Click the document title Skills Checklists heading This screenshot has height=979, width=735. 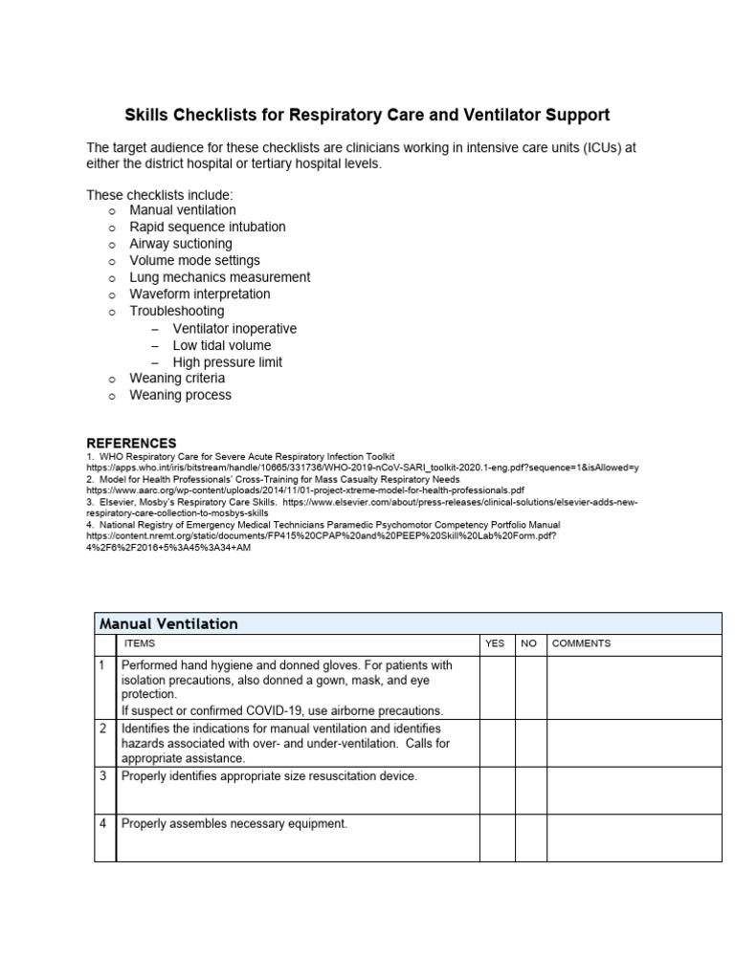367,115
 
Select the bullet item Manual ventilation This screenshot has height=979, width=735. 182,209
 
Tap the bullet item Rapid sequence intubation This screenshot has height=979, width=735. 207,227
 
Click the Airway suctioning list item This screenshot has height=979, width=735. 180,244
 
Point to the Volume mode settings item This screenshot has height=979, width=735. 194,260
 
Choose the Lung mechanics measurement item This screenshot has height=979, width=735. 219,277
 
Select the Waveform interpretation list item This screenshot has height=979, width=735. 199,294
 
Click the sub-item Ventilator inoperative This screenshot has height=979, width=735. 234,328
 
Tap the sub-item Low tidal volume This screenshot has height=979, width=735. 221,345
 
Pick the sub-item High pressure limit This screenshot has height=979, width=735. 227,362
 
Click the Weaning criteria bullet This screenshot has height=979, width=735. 177,378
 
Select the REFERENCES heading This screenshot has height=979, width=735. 131,443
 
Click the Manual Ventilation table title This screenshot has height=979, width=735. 168,623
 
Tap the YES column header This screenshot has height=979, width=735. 495,644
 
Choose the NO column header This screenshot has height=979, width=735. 528,644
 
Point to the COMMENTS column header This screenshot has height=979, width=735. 581,644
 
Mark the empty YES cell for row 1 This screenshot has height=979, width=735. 497,687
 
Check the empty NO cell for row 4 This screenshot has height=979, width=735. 530,838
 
